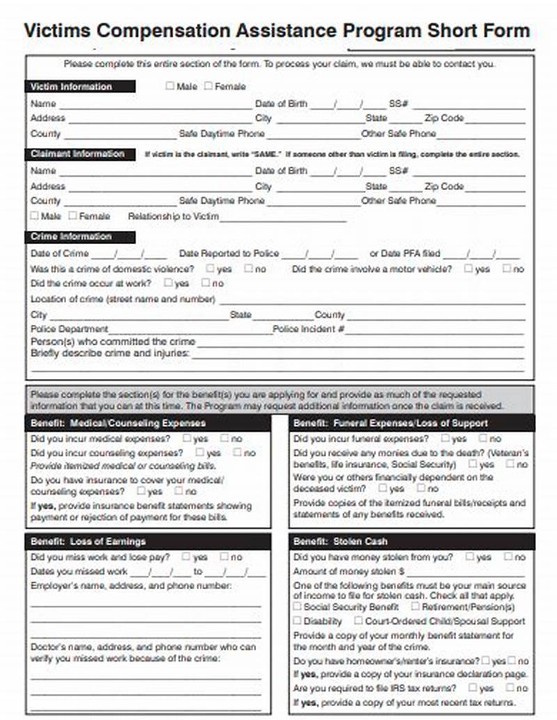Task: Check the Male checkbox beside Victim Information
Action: pyautogui.click(x=170, y=86)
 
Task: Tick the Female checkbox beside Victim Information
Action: pyautogui.click(x=208, y=86)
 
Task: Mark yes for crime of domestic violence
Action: pyautogui.click(x=210, y=269)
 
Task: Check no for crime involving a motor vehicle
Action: pyautogui.click(x=507, y=269)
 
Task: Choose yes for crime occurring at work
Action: pyautogui.click(x=168, y=283)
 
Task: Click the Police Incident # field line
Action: pyautogui.click(x=435, y=330)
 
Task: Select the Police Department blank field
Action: pyautogui.click(x=189, y=330)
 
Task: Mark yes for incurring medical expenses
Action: pyautogui.click(x=187, y=438)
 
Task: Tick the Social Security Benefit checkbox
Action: pyautogui.click(x=297, y=606)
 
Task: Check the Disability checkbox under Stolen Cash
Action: pyautogui.click(x=297, y=621)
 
